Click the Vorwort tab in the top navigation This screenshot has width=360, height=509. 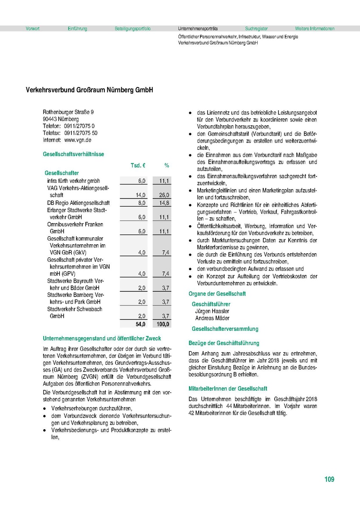pyautogui.click(x=33, y=29)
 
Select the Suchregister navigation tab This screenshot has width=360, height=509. pyautogui.click(x=256, y=29)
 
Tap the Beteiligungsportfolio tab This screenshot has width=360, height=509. pyautogui.click(x=132, y=29)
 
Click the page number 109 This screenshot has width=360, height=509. pyautogui.click(x=329, y=479)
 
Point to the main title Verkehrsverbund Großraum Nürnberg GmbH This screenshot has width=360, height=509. pyautogui.click(x=89, y=90)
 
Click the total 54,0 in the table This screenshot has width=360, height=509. pyautogui.click(x=141, y=324)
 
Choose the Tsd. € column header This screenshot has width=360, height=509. pyautogui.click(x=138, y=165)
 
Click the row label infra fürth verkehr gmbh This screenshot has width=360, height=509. pyautogui.click(x=73, y=181)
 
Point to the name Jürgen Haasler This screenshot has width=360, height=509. pyautogui.click(x=212, y=311)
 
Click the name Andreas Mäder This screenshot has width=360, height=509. pyautogui.click(x=212, y=318)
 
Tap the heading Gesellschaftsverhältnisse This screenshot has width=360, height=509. pyautogui.click(x=73, y=154)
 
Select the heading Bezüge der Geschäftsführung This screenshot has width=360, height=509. pyautogui.click(x=224, y=343)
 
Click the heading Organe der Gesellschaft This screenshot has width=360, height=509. pyautogui.click(x=217, y=294)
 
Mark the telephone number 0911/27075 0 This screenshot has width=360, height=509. pyautogui.click(x=79, y=126)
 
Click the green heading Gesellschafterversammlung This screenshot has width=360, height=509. pyautogui.click(x=225, y=329)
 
